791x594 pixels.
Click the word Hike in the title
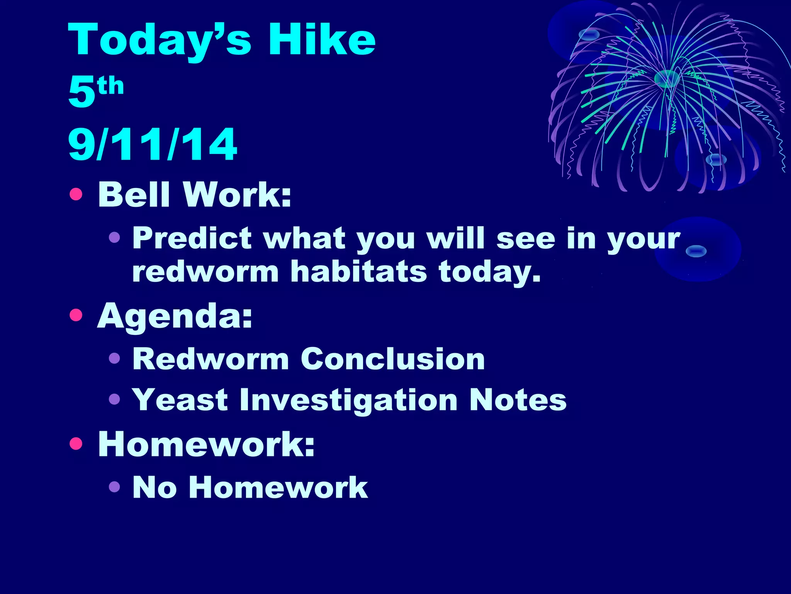(322, 39)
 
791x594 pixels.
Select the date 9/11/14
(152, 145)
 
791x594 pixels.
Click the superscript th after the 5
(110, 86)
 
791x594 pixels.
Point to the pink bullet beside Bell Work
(76, 194)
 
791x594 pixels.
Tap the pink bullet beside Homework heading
(76, 444)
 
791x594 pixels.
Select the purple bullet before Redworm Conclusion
(114, 358)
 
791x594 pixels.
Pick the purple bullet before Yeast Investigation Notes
(114, 399)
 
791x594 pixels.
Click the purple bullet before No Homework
(114, 486)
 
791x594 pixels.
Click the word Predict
(192, 238)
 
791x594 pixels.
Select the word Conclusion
(392, 359)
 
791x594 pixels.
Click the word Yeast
(180, 400)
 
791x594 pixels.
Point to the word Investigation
(348, 401)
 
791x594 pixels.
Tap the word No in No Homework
(154, 487)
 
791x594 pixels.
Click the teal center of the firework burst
(667, 79)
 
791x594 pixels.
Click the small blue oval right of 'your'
(696, 251)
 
